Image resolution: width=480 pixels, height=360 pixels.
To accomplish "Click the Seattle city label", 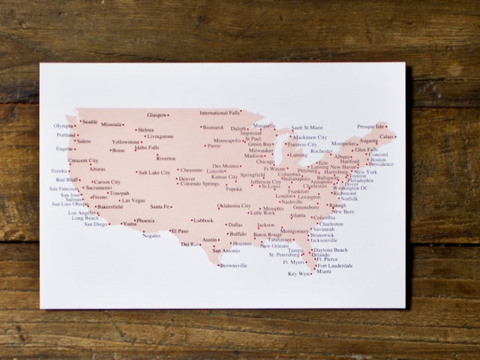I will (x=90, y=121).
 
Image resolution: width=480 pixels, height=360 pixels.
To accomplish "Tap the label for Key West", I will (x=299, y=274).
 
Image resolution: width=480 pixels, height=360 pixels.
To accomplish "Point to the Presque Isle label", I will (x=370, y=127).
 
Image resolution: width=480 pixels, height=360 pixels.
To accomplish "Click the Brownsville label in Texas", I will (x=233, y=265).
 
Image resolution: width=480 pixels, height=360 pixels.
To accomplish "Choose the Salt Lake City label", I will (x=154, y=172).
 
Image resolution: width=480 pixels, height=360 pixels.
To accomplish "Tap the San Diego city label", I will (x=96, y=223).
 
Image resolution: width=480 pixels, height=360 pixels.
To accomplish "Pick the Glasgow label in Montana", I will (x=157, y=115).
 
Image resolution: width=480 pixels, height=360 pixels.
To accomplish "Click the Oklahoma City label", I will (x=234, y=205).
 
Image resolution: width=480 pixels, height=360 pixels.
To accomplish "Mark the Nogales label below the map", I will (x=151, y=235).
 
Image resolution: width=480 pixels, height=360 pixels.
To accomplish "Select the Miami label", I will (x=324, y=271).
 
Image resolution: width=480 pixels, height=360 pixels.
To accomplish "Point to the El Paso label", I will (x=181, y=231).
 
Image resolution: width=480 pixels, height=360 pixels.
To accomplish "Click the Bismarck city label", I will (x=214, y=127).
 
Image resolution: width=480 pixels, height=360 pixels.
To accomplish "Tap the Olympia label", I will (x=64, y=126).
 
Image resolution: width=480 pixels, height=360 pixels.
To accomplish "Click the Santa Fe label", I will (x=160, y=206).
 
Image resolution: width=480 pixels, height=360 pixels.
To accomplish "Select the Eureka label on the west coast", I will (x=58, y=170).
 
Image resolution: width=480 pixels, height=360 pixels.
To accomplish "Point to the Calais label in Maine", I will (x=387, y=136).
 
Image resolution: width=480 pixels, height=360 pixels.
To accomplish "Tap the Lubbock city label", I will (x=203, y=220).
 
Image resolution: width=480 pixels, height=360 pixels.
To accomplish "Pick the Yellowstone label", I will (x=125, y=142).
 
